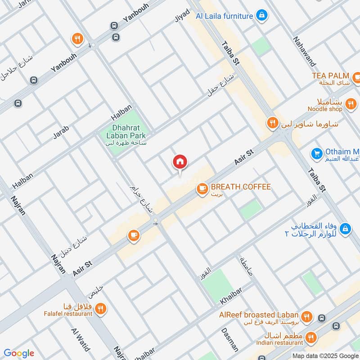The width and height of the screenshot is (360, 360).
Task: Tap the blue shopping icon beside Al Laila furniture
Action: [261, 16]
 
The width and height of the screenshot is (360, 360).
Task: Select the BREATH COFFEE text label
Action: [241, 187]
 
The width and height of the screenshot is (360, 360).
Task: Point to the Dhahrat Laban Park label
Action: [123, 131]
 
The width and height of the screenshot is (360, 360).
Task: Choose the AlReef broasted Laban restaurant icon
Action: [307, 316]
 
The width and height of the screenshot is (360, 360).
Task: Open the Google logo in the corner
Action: [18, 353]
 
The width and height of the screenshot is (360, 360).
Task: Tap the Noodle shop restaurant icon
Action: [351, 106]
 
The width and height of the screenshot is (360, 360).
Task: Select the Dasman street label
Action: [230, 339]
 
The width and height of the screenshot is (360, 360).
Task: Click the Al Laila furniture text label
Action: [224, 16]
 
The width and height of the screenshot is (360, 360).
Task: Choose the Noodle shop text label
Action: [325, 109]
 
